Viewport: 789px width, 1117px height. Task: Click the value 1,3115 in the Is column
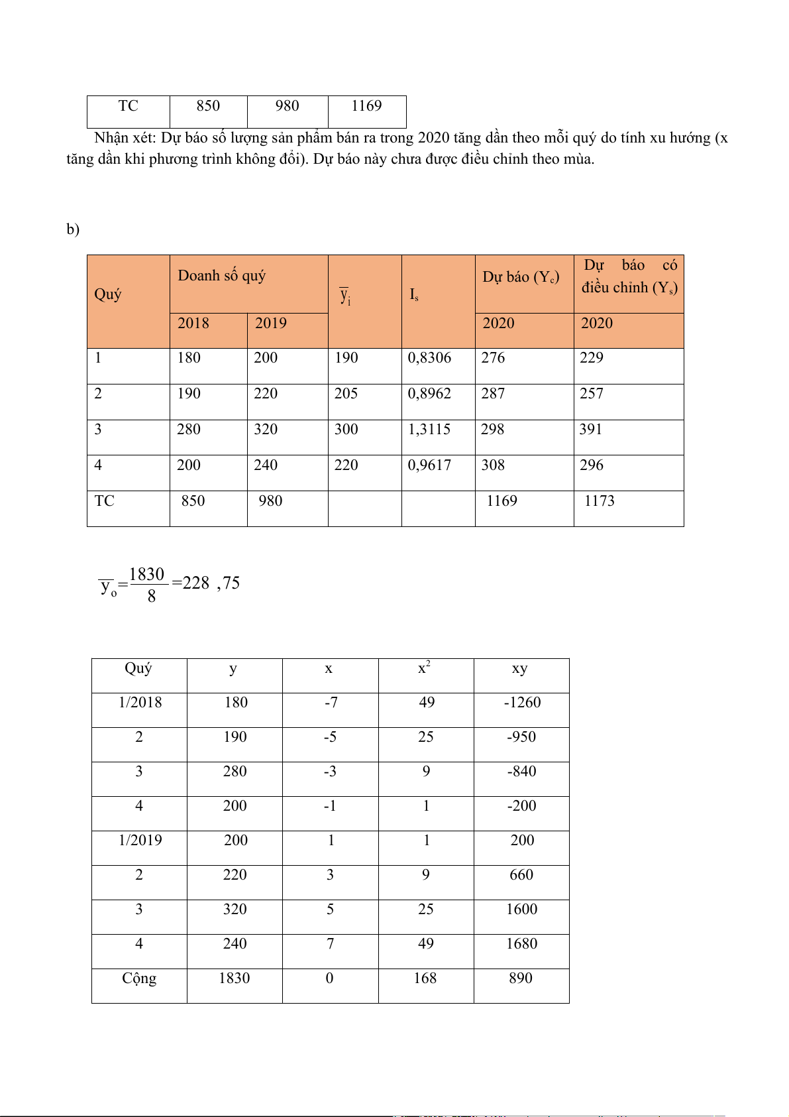tap(429, 430)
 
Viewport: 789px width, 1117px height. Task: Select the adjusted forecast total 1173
tap(599, 501)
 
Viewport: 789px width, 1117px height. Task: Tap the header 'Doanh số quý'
tap(221, 276)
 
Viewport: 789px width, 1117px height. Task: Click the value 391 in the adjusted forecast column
tap(591, 430)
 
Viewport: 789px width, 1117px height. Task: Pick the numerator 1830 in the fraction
tap(146, 574)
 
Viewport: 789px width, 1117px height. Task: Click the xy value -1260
tap(522, 703)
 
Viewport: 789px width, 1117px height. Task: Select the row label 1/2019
tap(140, 841)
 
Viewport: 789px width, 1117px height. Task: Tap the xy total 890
tap(521, 978)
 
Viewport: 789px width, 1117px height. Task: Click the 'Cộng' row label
tap(139, 978)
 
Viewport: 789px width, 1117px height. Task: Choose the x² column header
tap(424, 668)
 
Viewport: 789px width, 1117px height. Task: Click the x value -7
tap(331, 703)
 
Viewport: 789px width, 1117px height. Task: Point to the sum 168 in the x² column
tap(425, 978)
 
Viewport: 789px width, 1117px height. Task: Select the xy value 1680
tap(521, 944)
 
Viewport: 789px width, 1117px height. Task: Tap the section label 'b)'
tap(73, 229)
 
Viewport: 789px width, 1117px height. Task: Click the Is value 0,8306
tap(429, 358)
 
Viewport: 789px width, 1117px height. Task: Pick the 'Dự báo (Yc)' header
tap(521, 277)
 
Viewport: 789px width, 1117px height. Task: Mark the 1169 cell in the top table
tap(366, 106)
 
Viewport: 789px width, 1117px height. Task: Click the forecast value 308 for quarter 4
tap(493, 465)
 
